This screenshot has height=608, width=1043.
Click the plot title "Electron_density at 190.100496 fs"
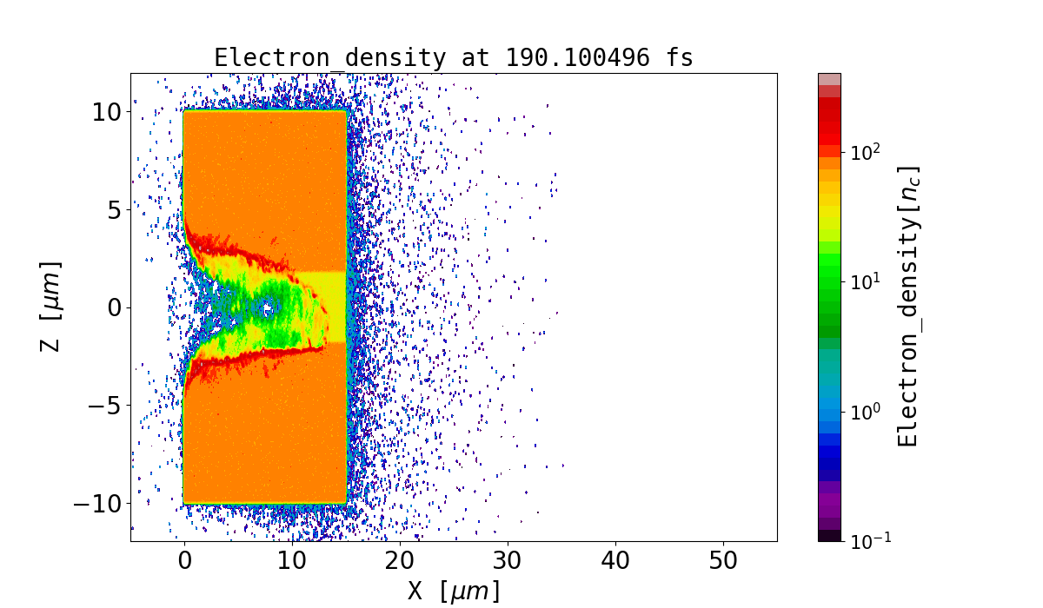pyautogui.click(x=454, y=58)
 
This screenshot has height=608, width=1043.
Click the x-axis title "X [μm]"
pyautogui.click(x=454, y=591)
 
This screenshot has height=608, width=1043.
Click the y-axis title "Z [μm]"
pyautogui.click(x=51, y=307)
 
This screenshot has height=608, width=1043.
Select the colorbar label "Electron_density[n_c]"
pyautogui.click(x=907, y=307)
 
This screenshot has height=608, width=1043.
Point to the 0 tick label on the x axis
pyautogui.click(x=184, y=560)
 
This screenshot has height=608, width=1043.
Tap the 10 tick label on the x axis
pyautogui.click(x=292, y=560)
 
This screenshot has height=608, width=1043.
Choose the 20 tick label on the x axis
pyautogui.click(x=400, y=560)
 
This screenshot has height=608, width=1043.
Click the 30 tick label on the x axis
pyautogui.click(x=508, y=560)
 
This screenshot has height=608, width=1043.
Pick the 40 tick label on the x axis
pyautogui.click(x=615, y=560)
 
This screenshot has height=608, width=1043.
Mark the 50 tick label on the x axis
pyautogui.click(x=723, y=560)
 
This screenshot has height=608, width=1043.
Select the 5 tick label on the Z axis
pyautogui.click(x=115, y=209)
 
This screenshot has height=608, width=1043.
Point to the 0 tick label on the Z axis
pyautogui.click(x=115, y=307)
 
